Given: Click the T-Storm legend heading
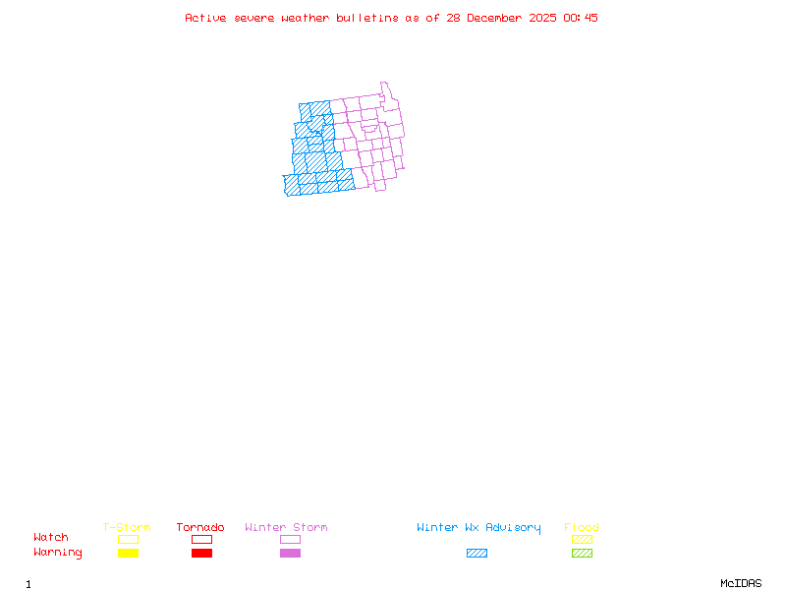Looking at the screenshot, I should click(x=127, y=528).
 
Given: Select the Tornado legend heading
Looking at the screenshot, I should click(x=200, y=528).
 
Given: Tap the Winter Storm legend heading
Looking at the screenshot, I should click(x=286, y=528).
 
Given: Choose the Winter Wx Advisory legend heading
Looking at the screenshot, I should click(x=478, y=528).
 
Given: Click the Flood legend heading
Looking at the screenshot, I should click(x=582, y=528).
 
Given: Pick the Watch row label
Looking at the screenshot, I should click(x=51, y=538).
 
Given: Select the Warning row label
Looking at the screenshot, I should click(x=58, y=553).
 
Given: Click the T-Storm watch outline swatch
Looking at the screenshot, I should click(x=128, y=539).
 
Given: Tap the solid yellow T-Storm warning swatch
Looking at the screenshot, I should click(x=128, y=553).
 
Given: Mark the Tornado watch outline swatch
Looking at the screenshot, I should click(x=201, y=539).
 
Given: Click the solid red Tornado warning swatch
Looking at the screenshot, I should click(x=201, y=553).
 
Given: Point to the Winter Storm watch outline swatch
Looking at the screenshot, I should click(x=290, y=539).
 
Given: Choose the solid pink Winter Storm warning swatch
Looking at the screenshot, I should click(x=290, y=553).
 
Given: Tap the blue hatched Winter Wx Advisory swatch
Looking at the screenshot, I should click(x=477, y=553).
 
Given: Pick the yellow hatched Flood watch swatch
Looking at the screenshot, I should click(x=582, y=539).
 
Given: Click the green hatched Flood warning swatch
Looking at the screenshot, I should click(x=582, y=553).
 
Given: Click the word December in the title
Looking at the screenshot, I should click(x=500, y=18).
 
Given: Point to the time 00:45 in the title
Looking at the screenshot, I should click(x=583, y=18).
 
